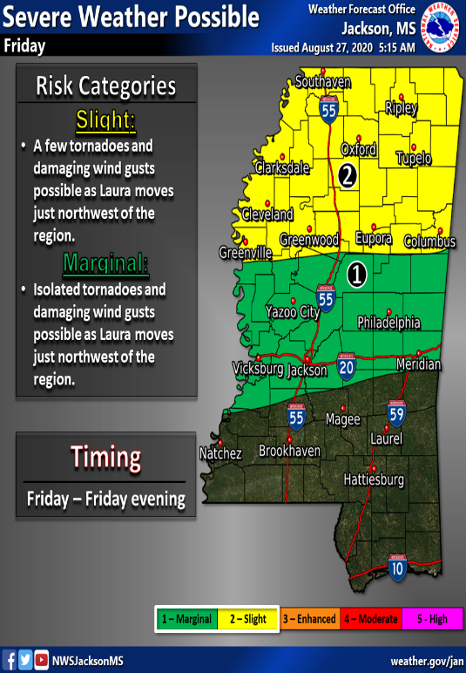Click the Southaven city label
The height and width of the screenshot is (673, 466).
(322, 83)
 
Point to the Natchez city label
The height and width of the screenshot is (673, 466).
(220, 453)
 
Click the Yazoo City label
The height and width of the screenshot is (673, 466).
(292, 311)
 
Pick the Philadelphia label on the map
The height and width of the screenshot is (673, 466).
(388, 323)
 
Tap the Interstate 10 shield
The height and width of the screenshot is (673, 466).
(397, 568)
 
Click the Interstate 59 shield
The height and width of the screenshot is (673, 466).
(398, 413)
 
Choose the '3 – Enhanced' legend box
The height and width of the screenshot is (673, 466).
(309, 619)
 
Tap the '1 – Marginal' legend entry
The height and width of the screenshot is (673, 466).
(186, 619)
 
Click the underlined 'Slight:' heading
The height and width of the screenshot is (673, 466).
(106, 119)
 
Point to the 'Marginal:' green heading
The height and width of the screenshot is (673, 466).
(106, 262)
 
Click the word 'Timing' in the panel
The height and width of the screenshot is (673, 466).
(105, 457)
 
